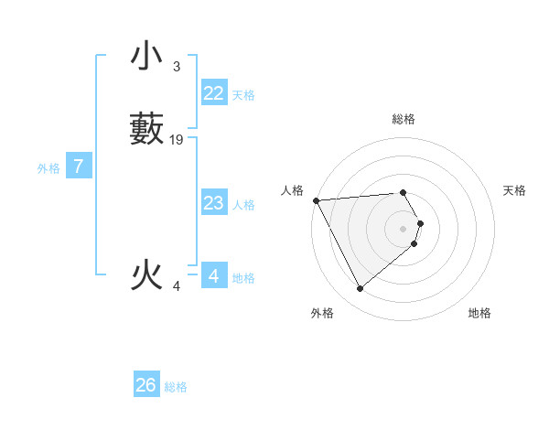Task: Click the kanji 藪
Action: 146,129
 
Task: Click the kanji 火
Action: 146,275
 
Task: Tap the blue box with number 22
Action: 213,93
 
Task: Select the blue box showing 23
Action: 213,203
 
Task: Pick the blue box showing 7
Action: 79,167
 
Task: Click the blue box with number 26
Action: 146,385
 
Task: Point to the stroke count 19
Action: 177,140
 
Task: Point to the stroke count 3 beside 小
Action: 176,67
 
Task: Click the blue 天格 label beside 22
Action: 243,95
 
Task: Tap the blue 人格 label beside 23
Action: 244,205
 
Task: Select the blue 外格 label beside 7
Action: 48,168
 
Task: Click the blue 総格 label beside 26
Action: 176,387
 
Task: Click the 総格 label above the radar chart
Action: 403,119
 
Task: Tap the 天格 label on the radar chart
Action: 515,190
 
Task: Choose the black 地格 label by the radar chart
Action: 479,313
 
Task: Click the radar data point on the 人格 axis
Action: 316,200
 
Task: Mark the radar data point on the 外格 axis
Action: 360,289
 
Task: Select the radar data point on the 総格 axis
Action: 403,192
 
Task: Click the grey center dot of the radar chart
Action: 404,228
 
